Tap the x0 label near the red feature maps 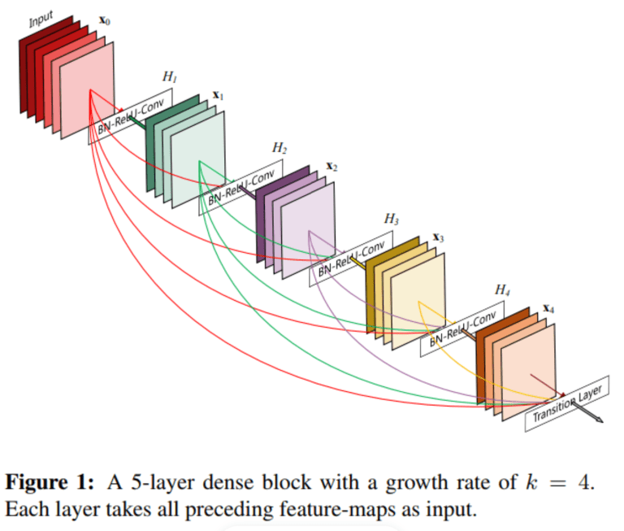(x=104, y=18)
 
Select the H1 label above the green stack (x=169, y=77)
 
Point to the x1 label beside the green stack (x=218, y=96)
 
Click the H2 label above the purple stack (x=279, y=148)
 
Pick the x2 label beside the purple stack (x=331, y=166)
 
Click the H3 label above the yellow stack (x=391, y=219)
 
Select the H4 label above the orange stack (x=503, y=290)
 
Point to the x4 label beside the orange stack (x=549, y=309)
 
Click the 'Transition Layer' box (x=566, y=404)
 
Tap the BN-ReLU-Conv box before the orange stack (x=461, y=329)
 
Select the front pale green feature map (x=198, y=163)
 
